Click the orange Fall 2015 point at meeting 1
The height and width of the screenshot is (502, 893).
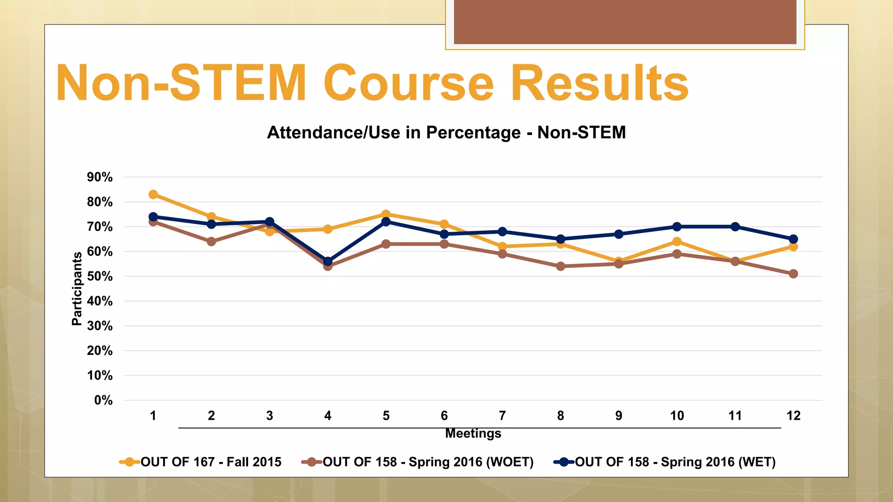(x=153, y=194)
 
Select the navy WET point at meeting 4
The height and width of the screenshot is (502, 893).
(x=328, y=261)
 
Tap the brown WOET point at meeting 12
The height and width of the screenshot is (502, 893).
(x=793, y=274)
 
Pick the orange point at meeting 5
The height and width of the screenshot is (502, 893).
(x=386, y=214)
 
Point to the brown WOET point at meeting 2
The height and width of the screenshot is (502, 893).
(x=211, y=241)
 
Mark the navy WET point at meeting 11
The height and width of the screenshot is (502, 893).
(x=735, y=227)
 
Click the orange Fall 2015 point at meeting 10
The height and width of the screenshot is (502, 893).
(x=677, y=241)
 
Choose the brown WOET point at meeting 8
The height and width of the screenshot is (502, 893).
(x=561, y=266)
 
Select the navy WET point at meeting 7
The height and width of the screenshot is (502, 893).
(x=502, y=231)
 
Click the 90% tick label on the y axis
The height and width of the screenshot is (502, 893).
(x=100, y=177)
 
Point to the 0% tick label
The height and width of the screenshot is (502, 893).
(x=103, y=400)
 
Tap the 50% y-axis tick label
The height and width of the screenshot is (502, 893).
(x=100, y=277)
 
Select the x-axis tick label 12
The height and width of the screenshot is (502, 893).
(x=793, y=416)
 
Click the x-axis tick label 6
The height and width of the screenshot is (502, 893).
(x=444, y=416)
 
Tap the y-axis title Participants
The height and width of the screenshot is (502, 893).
(x=77, y=288)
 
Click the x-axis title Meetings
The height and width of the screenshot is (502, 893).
(x=473, y=434)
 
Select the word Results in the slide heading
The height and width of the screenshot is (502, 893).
(x=599, y=83)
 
